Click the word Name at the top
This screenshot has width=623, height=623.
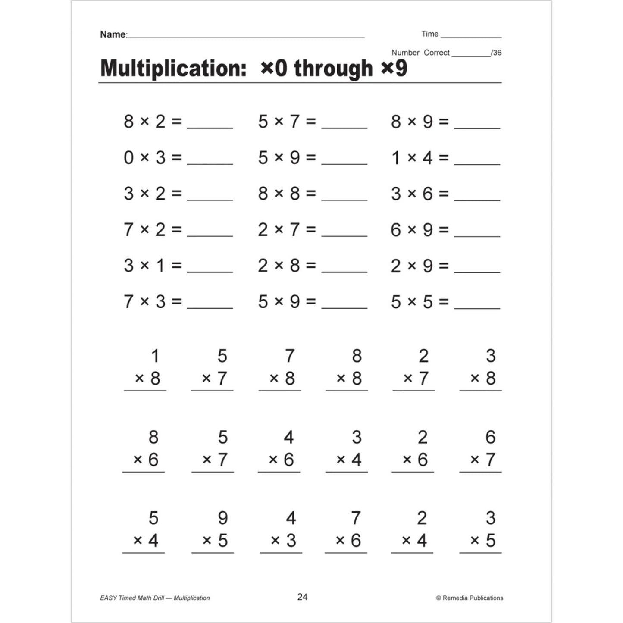(113, 34)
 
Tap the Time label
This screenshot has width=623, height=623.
(429, 34)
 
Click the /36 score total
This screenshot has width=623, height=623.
(497, 53)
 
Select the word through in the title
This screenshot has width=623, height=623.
(333, 68)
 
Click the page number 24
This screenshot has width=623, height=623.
(302, 597)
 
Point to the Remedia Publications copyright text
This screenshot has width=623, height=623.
(470, 598)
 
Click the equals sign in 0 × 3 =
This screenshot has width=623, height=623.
(176, 158)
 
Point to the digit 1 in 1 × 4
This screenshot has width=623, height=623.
(396, 158)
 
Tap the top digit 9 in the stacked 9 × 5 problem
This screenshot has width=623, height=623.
(222, 518)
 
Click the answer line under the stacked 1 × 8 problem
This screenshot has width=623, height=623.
(145, 391)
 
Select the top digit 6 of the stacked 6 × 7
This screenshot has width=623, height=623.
(490, 437)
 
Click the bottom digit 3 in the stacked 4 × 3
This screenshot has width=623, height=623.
(291, 541)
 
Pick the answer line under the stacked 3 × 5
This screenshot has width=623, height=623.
(480, 552)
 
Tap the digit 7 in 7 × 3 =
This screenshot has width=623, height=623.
(128, 302)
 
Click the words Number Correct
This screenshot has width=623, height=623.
(420, 53)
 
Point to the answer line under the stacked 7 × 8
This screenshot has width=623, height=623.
(279, 391)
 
